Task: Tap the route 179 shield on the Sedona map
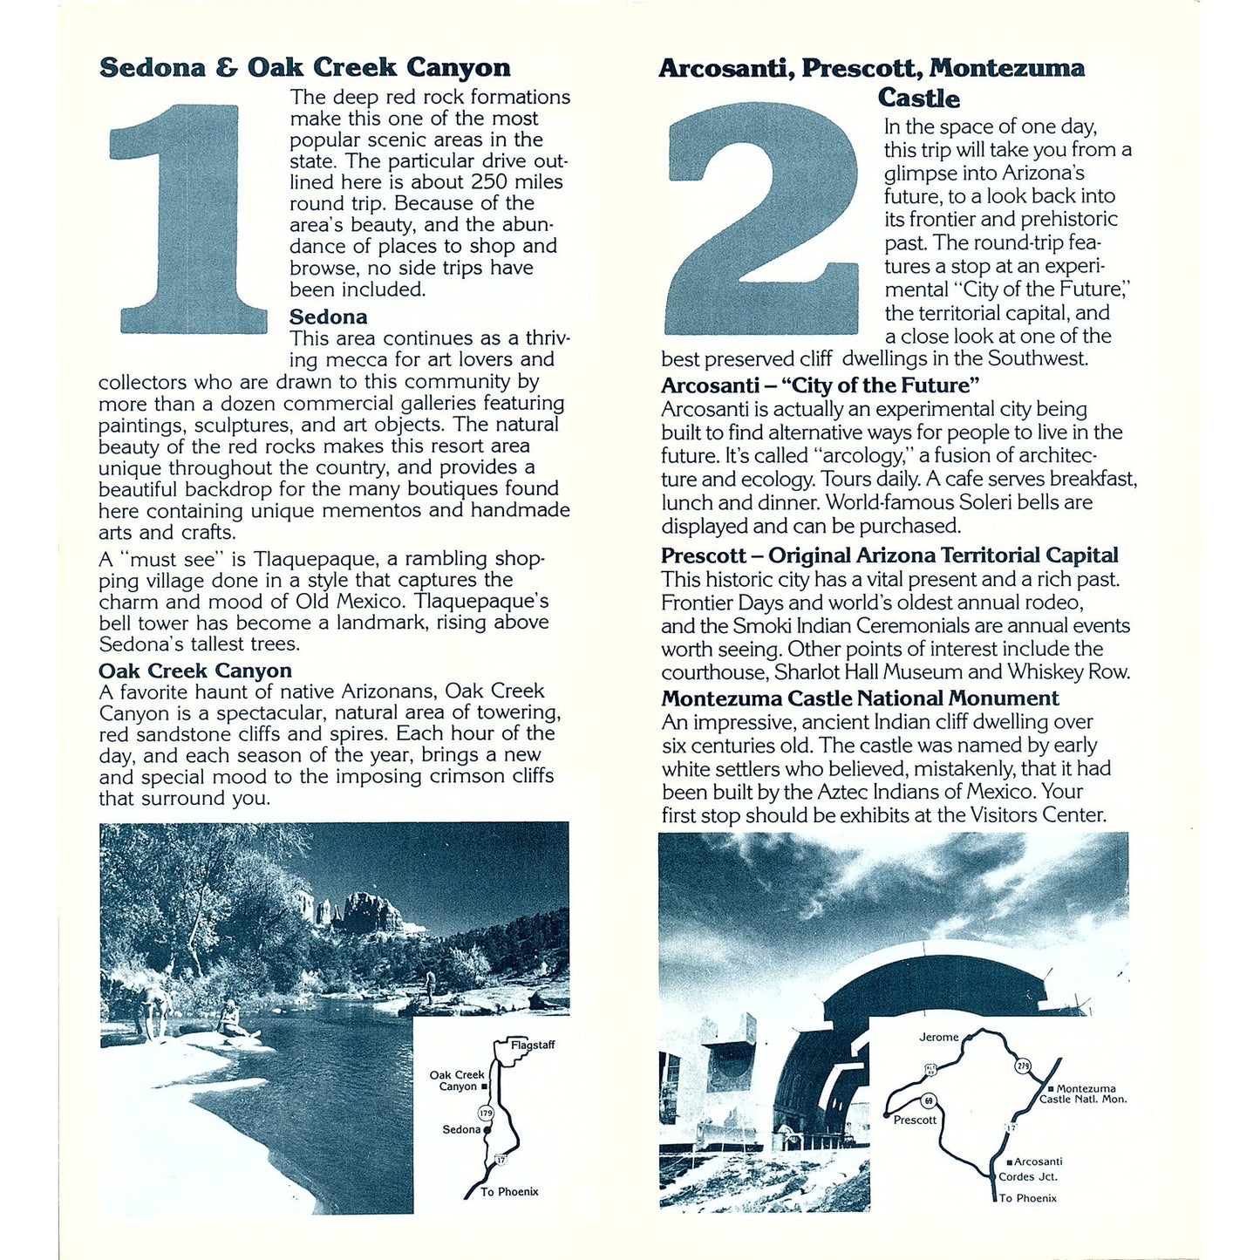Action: click(486, 1113)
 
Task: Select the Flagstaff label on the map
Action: click(532, 1045)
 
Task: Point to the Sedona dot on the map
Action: click(487, 1130)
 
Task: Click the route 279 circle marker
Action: click(1023, 1066)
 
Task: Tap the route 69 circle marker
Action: click(929, 1100)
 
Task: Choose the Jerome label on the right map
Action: click(938, 1037)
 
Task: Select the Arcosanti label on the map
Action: click(1038, 1161)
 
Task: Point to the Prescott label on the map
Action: click(915, 1120)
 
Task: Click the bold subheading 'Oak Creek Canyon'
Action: click(194, 671)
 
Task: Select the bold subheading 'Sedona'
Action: click(328, 317)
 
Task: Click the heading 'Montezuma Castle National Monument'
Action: click(860, 698)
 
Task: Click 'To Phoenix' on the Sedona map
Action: click(509, 1191)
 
